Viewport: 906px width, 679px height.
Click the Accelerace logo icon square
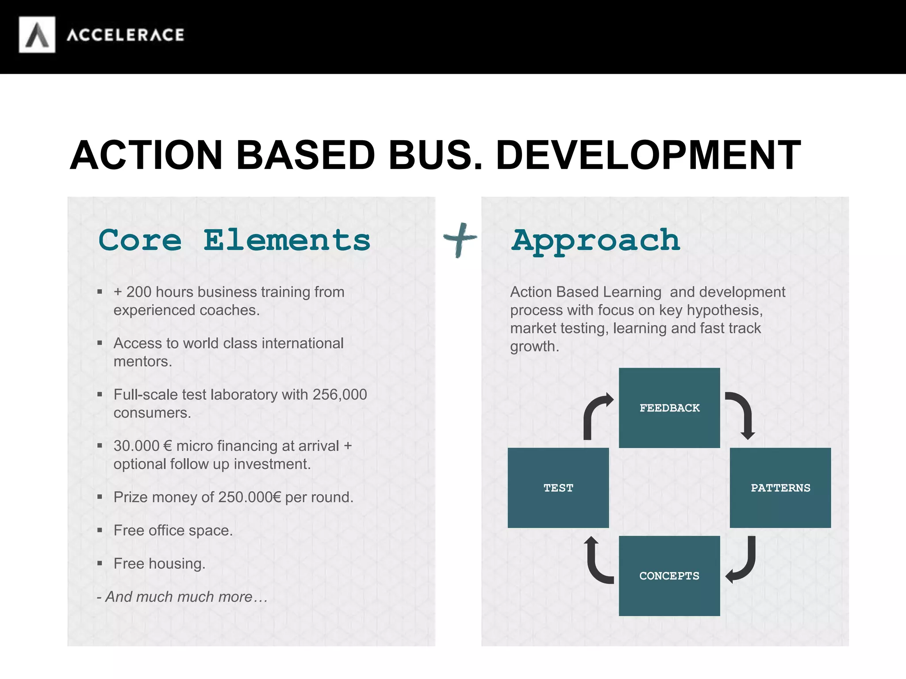click(37, 35)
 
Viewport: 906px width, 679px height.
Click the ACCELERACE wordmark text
click(125, 35)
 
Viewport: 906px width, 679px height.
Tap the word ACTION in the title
click(146, 155)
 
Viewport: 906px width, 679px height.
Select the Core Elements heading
click(234, 240)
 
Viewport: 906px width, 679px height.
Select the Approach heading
click(595, 241)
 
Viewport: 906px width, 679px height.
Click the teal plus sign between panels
click(460, 240)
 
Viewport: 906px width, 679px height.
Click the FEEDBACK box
click(669, 408)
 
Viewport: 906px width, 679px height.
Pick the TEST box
click(558, 488)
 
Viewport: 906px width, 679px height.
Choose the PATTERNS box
click(780, 488)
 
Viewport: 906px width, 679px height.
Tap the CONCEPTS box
click(669, 576)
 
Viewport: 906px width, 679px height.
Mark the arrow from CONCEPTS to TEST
click(596, 561)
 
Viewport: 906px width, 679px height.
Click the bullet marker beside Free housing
click(100, 563)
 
